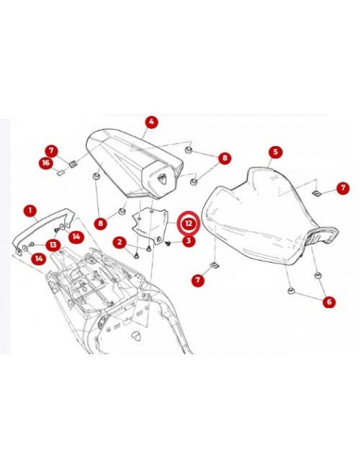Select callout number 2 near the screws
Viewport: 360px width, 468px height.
(121, 243)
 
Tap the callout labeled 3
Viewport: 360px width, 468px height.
(188, 240)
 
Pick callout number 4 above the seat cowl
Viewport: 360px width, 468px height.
(151, 122)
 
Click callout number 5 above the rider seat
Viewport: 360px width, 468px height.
(274, 152)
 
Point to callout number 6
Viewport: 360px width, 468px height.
(329, 302)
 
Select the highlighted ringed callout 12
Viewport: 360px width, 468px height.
(187, 224)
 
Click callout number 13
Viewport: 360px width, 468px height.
(53, 245)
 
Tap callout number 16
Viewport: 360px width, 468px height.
(46, 163)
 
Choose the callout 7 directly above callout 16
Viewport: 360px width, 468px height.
(51, 151)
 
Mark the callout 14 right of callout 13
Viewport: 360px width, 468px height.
(76, 236)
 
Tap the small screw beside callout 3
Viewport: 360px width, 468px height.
(167, 243)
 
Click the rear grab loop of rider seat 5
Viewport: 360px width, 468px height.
(323, 235)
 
